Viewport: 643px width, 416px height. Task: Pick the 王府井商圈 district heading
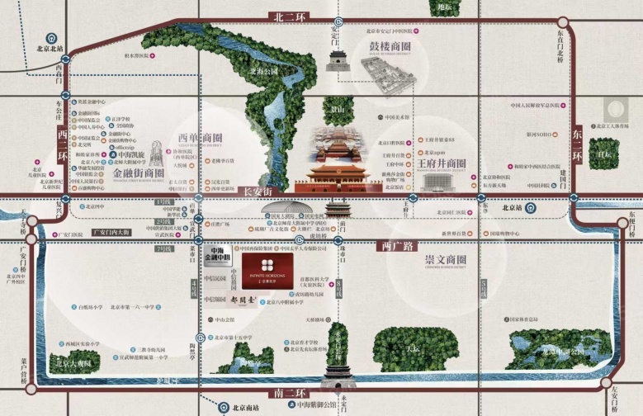(x=448, y=163)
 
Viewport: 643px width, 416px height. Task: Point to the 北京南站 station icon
(x=224, y=406)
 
